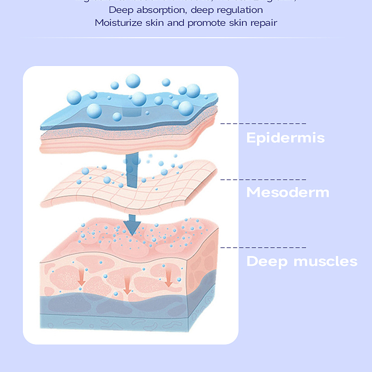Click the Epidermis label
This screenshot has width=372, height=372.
(x=285, y=137)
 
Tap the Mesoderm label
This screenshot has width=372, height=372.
(x=288, y=192)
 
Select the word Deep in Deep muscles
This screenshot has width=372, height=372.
(x=267, y=261)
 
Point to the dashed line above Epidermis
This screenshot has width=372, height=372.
(x=263, y=123)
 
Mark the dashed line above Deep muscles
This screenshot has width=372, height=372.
(x=263, y=247)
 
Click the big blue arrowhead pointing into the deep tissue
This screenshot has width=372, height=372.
(x=132, y=227)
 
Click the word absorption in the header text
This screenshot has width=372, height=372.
(x=155, y=10)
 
